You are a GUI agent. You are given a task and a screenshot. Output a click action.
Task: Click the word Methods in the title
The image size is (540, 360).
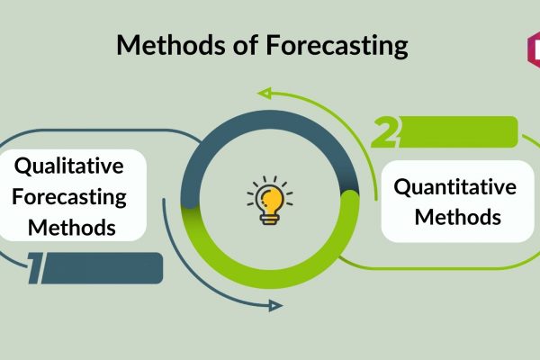(x=171, y=45)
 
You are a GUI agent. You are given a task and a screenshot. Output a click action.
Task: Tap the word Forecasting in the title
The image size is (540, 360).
(x=337, y=46)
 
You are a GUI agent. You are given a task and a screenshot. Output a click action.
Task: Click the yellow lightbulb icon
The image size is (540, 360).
(x=270, y=201)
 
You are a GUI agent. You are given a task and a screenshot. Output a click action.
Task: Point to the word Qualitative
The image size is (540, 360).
(x=69, y=166)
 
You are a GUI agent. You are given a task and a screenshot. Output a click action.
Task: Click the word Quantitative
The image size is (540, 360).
(x=454, y=188)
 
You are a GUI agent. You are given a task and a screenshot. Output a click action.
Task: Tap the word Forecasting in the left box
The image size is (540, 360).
(x=69, y=197)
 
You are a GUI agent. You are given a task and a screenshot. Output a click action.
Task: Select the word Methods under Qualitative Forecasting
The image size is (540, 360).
(x=72, y=228)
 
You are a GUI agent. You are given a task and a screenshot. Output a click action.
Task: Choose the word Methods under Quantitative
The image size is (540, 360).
(x=458, y=217)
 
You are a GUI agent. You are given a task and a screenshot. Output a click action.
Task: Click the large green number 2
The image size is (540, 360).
(x=385, y=132)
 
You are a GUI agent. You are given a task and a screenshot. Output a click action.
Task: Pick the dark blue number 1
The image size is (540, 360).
(x=36, y=268)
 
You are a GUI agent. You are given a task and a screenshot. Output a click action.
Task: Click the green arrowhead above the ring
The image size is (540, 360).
(x=265, y=93)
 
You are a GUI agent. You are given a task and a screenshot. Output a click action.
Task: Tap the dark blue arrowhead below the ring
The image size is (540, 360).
(x=275, y=306)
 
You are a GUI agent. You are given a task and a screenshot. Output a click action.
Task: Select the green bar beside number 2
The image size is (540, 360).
(x=458, y=132)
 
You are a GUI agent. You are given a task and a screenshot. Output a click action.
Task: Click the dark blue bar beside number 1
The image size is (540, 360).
(x=102, y=268)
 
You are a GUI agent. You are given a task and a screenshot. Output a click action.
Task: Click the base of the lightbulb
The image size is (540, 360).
(x=270, y=220)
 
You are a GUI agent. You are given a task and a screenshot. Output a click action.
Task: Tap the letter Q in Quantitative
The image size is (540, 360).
(x=402, y=188)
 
